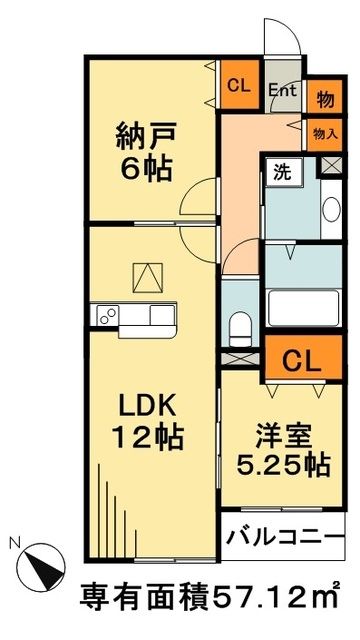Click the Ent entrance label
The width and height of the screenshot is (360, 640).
point(282,88)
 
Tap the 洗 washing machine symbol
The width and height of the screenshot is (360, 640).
point(282,171)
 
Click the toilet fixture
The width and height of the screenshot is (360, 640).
point(237,326)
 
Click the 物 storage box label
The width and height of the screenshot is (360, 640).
point(325,98)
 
